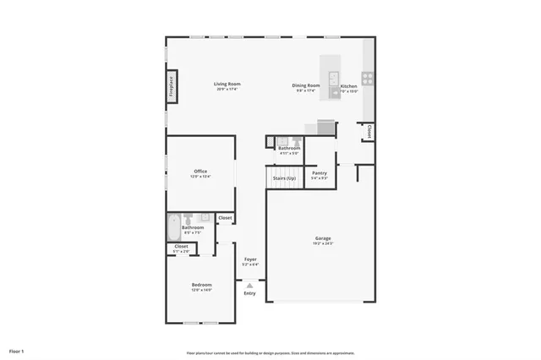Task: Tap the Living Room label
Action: click(227, 84)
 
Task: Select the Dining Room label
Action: click(307, 85)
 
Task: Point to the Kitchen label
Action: click(348, 86)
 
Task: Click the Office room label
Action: click(200, 172)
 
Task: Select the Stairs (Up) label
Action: click(284, 178)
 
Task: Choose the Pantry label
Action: click(319, 172)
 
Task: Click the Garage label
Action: click(323, 238)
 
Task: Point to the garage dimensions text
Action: click(323, 244)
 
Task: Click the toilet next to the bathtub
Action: click(191, 218)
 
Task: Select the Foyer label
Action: click(250, 259)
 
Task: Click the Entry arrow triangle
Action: click(249, 286)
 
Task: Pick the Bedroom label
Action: click(201, 285)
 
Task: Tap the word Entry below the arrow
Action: click(249, 293)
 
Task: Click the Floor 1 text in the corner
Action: click(17, 350)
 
